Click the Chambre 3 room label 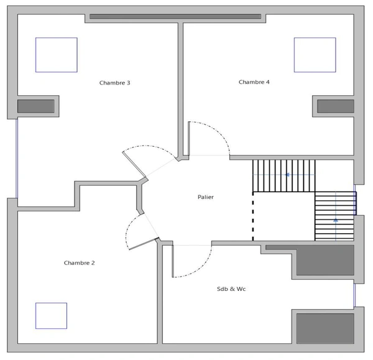pyautogui.click(x=114, y=83)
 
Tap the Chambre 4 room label pyautogui.click(x=254, y=82)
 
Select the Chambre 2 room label pyautogui.click(x=79, y=263)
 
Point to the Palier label pyautogui.click(x=206, y=197)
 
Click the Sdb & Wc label pyautogui.click(x=231, y=289)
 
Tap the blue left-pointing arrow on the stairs pyautogui.click(x=287, y=175)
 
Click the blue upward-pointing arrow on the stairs pyautogui.click(x=336, y=220)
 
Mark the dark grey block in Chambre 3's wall pyautogui.click(x=35, y=106)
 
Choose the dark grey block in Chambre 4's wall pyautogui.click(x=336, y=106)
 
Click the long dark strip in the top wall pyautogui.click(x=175, y=16)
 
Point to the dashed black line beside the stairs pyautogui.click(x=253, y=216)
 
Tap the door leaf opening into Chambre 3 pyautogui.click(x=134, y=164)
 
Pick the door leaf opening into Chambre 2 pyautogui.click(x=144, y=244)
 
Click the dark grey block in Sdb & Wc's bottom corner pyautogui.click(x=325, y=328)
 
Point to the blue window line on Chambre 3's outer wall pyautogui.click(x=17, y=159)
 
